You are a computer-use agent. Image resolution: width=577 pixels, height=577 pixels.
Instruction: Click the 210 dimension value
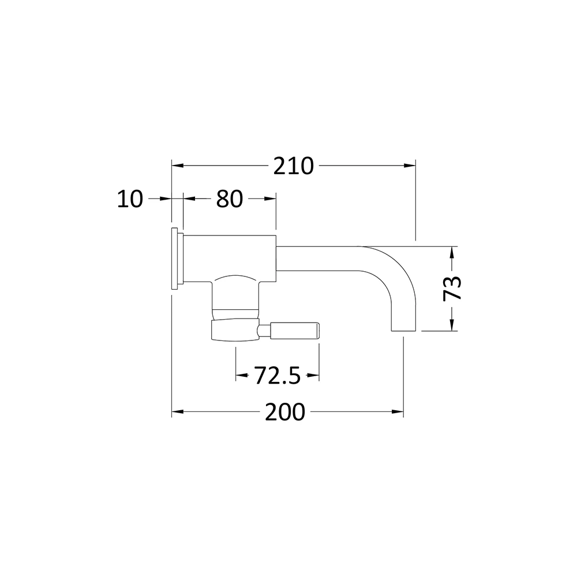(x=293, y=166)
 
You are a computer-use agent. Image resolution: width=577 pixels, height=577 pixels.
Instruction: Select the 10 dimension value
(x=130, y=199)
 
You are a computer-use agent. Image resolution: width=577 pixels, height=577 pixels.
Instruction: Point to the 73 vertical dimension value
(x=453, y=287)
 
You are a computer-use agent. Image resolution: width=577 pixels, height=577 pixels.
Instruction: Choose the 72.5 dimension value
(x=278, y=376)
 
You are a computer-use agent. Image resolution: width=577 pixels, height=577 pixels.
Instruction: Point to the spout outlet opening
(x=403, y=331)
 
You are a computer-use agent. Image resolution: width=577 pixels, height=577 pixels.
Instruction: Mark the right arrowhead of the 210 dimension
(x=410, y=166)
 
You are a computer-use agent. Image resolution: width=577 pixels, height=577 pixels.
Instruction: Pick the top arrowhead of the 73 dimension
(x=453, y=252)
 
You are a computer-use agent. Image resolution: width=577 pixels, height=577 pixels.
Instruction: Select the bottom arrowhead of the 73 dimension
(x=453, y=326)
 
